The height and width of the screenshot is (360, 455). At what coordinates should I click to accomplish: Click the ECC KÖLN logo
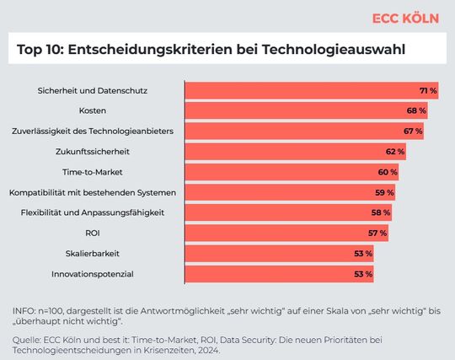[x=406, y=18]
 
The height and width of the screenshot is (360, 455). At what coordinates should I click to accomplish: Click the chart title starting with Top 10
[x=210, y=50]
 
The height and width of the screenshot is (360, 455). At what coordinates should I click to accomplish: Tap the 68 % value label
[x=416, y=110]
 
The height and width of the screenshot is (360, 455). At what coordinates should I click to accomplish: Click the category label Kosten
[x=93, y=110]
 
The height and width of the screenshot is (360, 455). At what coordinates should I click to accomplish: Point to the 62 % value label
[x=395, y=152]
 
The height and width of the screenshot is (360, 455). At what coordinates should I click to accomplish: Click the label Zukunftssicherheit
[x=93, y=152]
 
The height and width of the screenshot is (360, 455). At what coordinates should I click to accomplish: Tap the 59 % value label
[x=384, y=192]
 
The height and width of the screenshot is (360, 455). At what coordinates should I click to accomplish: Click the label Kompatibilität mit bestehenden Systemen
[x=93, y=192]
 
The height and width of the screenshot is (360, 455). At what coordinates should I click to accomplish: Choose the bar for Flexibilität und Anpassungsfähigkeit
[x=287, y=212]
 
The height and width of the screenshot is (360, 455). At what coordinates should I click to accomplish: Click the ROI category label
[x=93, y=233]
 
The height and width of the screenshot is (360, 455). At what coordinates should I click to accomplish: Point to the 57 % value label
[x=377, y=233]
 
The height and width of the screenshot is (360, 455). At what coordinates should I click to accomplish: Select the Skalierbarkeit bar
[x=278, y=254]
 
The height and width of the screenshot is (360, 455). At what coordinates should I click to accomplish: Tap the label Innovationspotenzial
[x=93, y=274]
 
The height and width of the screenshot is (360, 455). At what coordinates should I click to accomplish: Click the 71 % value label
[x=428, y=90]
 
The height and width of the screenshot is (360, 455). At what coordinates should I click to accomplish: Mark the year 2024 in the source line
[x=206, y=351]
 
